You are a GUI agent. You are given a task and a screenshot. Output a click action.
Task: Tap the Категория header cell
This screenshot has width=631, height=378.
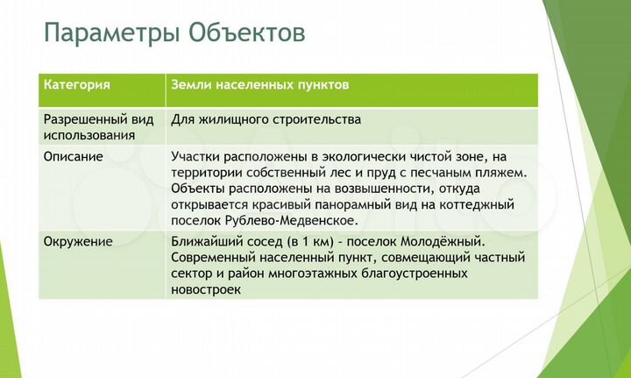tap(76, 85)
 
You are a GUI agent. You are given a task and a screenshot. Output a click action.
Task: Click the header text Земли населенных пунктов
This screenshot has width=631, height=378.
tap(260, 85)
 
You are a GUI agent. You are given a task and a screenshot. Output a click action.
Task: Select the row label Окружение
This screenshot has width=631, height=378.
tap(78, 241)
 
